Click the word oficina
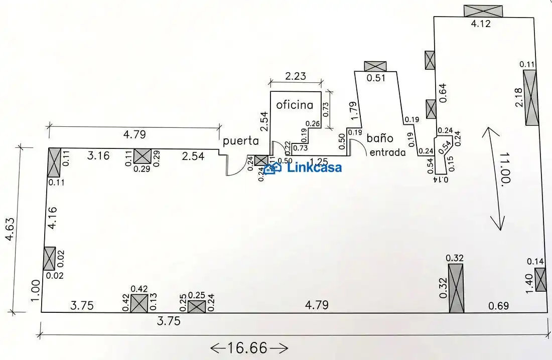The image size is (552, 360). click(295, 104)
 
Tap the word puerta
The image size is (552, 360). click(241, 141)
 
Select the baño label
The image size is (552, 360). click(380, 137)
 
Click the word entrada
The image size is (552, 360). click(387, 152)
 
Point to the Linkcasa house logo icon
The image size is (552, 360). click(272, 168)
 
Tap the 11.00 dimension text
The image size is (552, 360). click(504, 167)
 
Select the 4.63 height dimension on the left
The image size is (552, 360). click(10, 229)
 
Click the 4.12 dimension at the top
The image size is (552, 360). click(481, 24)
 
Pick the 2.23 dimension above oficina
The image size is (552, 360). click(296, 76)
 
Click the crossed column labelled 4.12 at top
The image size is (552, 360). click(483, 11)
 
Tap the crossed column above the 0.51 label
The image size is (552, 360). click(375, 66)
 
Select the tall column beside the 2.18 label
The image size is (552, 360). click(530, 97)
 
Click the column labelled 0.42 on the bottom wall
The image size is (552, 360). click(139, 303)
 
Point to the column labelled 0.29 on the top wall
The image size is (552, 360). click(142, 156)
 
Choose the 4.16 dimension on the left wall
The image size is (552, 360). click(52, 218)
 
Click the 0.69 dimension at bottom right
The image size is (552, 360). click(498, 305)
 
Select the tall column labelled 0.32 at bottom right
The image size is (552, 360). click(456, 288)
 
